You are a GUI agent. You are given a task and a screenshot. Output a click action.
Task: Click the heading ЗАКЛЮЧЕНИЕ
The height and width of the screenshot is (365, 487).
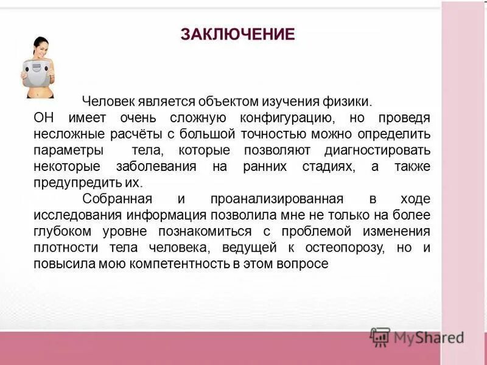(237, 34)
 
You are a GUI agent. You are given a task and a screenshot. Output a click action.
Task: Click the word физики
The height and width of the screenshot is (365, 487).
(348, 101)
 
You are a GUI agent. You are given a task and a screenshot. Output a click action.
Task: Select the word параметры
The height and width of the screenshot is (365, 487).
(68, 150)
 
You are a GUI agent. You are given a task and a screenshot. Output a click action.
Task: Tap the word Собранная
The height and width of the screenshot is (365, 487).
(116, 199)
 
